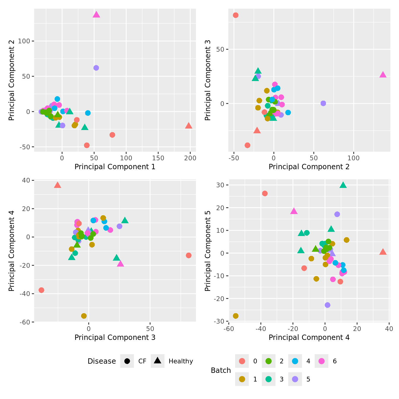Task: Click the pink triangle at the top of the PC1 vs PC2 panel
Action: point(96,15)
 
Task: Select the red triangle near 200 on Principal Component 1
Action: point(189,126)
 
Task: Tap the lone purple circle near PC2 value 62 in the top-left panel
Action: point(96,68)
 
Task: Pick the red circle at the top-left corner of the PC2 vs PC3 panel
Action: point(236,15)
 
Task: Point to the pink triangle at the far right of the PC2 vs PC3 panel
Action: point(383,75)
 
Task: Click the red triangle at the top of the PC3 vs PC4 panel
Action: point(58,185)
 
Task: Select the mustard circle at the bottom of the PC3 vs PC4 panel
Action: point(84,316)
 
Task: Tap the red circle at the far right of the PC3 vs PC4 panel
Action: point(189,256)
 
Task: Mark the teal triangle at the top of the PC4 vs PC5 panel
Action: point(343,185)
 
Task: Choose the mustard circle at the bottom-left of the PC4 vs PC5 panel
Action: point(236,316)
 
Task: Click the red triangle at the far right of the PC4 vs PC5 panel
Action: point(383,252)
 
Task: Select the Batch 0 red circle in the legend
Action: point(242,361)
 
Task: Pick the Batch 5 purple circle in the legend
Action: point(295,379)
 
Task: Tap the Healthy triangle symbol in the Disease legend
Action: point(158,361)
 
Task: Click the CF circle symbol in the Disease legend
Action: point(127,361)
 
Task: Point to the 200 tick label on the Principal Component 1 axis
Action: point(190,158)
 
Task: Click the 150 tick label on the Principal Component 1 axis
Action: point(158,158)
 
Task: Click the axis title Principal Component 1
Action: point(115,167)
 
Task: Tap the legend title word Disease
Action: point(102,361)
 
